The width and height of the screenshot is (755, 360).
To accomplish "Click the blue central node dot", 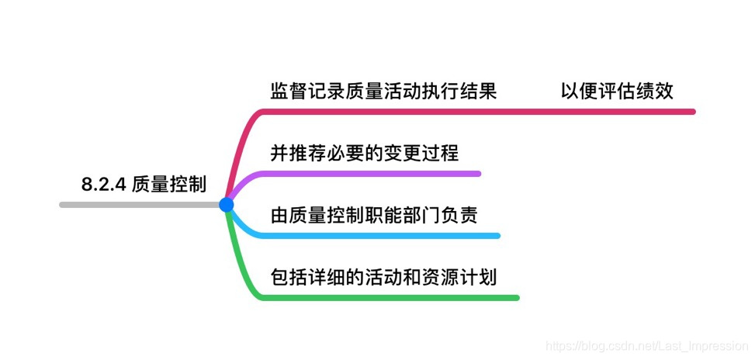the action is coord(226,205).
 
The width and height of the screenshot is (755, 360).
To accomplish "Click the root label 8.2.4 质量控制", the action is coord(144,184).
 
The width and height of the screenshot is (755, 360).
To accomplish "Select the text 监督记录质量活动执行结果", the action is coord(383,92).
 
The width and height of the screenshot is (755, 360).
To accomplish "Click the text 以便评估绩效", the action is coord(617,92).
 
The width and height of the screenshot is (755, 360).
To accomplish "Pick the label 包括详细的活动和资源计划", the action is coord(383,276).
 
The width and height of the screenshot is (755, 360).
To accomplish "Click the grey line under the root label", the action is coord(140,205).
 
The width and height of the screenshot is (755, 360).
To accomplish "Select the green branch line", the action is coord(388,297).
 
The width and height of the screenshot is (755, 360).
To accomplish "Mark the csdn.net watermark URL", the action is coord(646,342).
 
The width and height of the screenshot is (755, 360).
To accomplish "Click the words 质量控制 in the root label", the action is coord(168,184).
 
